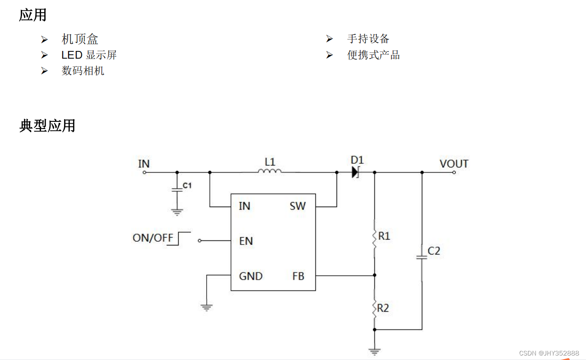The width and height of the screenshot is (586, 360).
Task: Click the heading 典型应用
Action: click(x=47, y=125)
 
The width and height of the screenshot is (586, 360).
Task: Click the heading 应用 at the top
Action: click(x=32, y=15)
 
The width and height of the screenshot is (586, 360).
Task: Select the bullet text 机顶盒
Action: click(x=80, y=39)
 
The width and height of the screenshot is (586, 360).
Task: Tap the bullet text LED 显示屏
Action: click(x=89, y=55)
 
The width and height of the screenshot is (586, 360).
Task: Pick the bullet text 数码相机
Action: click(x=83, y=71)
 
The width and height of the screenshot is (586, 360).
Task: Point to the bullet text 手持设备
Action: click(x=368, y=39)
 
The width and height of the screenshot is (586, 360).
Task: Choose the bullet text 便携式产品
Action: click(x=374, y=55)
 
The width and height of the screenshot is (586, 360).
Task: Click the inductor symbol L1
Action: click(x=270, y=171)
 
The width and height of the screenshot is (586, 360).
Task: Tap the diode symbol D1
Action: click(x=355, y=172)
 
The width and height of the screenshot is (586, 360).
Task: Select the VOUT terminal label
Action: click(x=454, y=164)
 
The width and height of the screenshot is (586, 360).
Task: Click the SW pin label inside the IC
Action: click(x=298, y=206)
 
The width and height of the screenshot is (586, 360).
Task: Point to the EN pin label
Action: click(x=246, y=241)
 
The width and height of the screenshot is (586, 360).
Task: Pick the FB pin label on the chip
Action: click(x=298, y=276)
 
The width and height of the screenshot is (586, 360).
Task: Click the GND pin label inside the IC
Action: click(x=250, y=276)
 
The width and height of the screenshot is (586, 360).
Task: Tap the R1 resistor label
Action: click(x=384, y=236)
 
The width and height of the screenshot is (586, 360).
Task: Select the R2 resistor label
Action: click(x=383, y=308)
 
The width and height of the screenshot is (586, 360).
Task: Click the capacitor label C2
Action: click(x=434, y=251)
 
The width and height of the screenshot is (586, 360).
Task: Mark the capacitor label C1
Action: click(x=187, y=185)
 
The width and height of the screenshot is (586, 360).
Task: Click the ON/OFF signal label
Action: click(x=153, y=238)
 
